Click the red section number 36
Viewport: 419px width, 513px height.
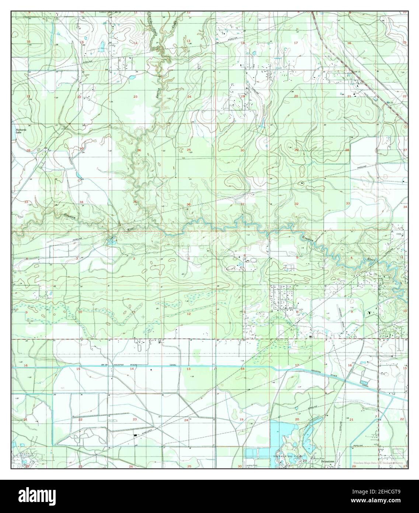click(x=189, y=204)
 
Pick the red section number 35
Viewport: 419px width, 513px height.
click(x=135, y=202)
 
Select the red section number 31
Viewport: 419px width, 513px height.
click(x=242, y=204)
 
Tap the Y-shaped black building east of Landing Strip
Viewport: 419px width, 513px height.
click(x=368, y=313)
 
